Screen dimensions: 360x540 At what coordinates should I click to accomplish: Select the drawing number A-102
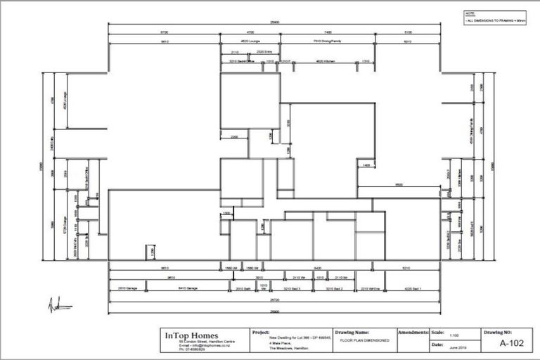pos(513,344)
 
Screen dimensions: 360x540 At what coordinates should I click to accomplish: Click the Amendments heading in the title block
pos(412,331)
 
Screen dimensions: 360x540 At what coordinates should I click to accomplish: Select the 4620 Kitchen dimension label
pos(326,62)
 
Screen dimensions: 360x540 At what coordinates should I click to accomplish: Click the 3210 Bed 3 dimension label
pos(291,288)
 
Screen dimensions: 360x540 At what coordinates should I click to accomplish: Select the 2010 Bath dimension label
pos(243,288)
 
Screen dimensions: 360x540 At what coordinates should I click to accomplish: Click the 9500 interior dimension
pos(398,185)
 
